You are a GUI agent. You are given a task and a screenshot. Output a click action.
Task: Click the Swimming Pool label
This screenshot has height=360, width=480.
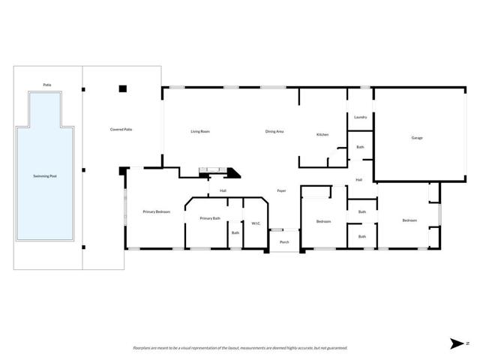(x=45, y=175)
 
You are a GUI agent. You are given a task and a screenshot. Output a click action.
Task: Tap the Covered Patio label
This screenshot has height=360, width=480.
(x=121, y=130)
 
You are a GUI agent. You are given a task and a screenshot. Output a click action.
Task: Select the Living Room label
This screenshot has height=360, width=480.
(x=199, y=131)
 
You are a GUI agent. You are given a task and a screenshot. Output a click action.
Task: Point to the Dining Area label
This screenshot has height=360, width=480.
(x=274, y=131)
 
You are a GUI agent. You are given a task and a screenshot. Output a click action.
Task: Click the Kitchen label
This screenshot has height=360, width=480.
(x=322, y=134)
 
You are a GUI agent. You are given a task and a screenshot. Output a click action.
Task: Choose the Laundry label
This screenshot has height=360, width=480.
(x=360, y=117)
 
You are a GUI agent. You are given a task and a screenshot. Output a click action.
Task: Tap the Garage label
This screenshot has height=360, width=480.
(x=417, y=138)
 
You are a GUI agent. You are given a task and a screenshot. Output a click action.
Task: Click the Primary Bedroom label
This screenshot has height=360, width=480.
(x=157, y=212)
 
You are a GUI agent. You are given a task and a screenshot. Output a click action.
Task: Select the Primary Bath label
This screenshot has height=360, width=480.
(x=210, y=217)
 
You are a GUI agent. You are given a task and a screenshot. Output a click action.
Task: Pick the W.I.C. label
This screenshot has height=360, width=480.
(x=256, y=223)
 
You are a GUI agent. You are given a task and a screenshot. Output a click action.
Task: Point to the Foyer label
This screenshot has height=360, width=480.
(x=282, y=190)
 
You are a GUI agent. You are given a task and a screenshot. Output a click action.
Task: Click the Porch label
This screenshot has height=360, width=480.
(x=284, y=242)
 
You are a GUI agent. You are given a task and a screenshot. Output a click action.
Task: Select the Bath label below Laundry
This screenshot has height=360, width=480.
(x=360, y=147)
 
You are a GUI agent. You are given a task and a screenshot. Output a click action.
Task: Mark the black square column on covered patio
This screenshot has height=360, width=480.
(x=123, y=88)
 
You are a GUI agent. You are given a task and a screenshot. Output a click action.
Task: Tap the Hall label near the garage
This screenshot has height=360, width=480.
(x=359, y=180)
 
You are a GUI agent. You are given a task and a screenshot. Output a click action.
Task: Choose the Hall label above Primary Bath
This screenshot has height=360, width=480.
(x=223, y=191)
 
